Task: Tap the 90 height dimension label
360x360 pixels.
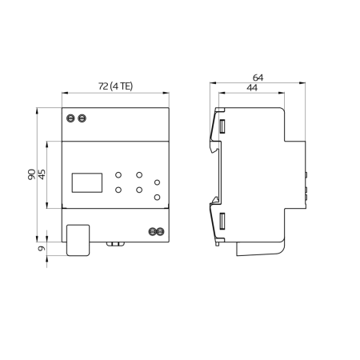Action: [31, 174]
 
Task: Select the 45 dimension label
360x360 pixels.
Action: [42, 174]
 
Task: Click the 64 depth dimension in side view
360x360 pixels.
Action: [257, 78]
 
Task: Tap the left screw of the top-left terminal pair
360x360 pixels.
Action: [71, 118]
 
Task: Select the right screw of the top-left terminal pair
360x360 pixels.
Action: [82, 118]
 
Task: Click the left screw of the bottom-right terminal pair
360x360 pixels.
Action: [152, 232]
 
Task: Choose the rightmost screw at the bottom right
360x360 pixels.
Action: [161, 232]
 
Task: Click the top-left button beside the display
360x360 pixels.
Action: [118, 174]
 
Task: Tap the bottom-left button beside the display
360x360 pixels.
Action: [118, 190]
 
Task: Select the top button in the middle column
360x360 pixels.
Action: [139, 174]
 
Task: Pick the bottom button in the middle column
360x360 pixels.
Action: [139, 190]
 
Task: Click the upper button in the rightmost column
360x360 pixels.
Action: [158, 183]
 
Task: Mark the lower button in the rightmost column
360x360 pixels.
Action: [158, 197]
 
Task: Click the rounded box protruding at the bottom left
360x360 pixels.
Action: [77, 240]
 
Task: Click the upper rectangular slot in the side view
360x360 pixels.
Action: [222, 125]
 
